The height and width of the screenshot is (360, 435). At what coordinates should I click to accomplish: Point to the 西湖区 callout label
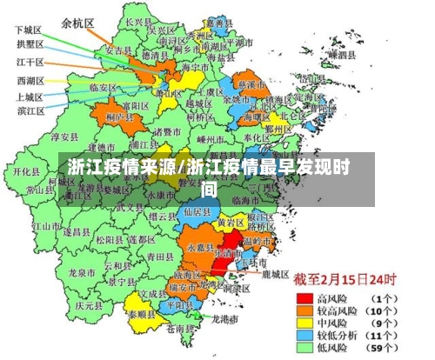point(29,81)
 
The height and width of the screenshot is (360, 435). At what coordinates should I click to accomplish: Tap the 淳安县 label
point(64,137)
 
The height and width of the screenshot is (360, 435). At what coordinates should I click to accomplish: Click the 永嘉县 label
point(198,246)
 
